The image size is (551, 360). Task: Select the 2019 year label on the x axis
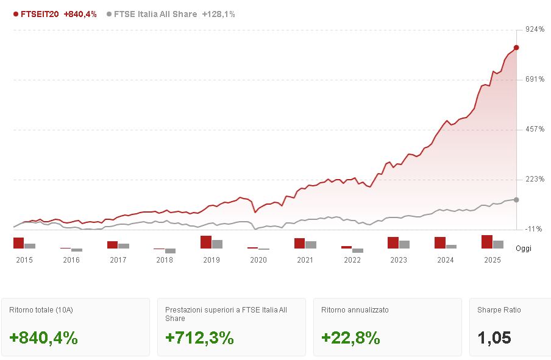(212, 260)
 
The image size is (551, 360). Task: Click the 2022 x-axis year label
(352, 260)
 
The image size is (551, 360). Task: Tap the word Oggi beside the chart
(523, 249)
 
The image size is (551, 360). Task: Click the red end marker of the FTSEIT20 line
(516, 48)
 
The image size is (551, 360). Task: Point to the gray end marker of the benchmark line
(516, 200)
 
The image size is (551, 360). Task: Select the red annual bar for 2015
(18, 243)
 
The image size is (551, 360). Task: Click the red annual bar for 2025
(486, 242)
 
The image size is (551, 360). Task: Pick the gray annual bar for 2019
(217, 244)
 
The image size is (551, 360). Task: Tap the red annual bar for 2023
(393, 243)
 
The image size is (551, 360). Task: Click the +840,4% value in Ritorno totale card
(44, 338)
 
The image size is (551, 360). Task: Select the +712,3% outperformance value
(199, 338)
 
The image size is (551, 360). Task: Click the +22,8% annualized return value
(350, 338)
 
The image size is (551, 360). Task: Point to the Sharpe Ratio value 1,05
(494, 338)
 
